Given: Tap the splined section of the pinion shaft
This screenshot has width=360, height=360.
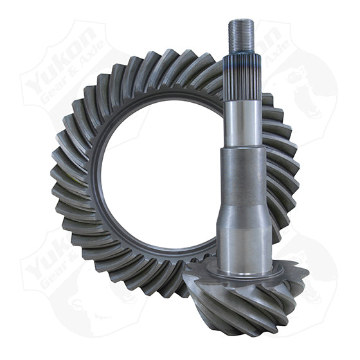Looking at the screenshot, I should pyautogui.click(x=244, y=77).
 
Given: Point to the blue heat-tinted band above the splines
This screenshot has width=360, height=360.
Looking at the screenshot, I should pyautogui.click(x=244, y=57).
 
